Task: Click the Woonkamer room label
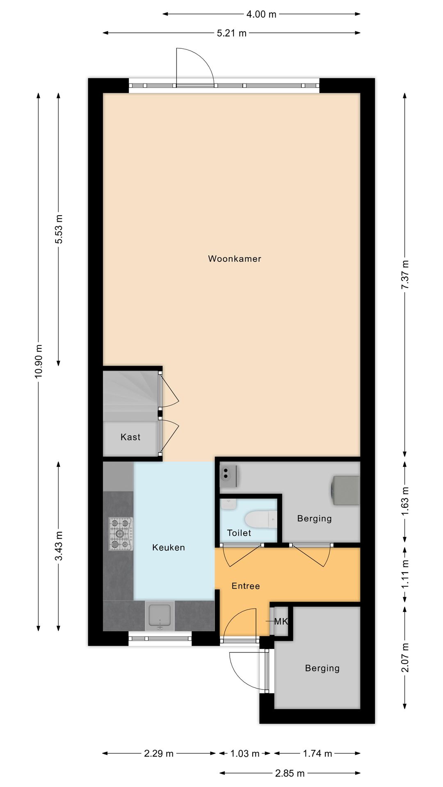[235, 259]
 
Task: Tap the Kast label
[130, 437]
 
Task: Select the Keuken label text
[169, 547]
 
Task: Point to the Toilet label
[239, 533]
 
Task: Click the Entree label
[246, 586]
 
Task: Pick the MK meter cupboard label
[281, 621]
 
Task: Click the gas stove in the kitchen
[121, 534]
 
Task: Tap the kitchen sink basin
[160, 616]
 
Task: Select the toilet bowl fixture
[261, 520]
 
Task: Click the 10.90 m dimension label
[39, 361]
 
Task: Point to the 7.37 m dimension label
[405, 275]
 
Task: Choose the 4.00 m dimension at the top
[261, 14]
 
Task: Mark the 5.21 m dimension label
[232, 33]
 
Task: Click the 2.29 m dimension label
[159, 753]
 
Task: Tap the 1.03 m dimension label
[245, 753]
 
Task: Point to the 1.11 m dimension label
[405, 574]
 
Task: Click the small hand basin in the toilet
[228, 504]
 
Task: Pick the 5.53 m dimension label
[59, 229]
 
